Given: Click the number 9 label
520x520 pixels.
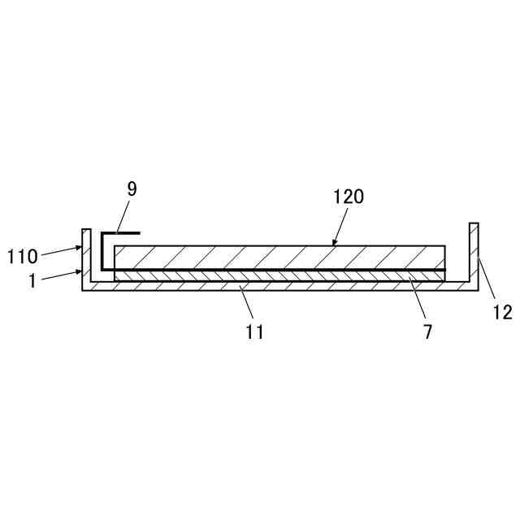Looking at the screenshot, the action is (132, 189).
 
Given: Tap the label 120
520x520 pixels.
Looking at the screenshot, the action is (349, 196).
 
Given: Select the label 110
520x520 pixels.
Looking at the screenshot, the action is (23, 258).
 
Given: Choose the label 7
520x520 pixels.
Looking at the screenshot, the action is (427, 331).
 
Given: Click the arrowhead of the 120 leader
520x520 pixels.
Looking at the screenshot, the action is (334, 242).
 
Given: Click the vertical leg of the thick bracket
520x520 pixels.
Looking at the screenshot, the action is (103, 252).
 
